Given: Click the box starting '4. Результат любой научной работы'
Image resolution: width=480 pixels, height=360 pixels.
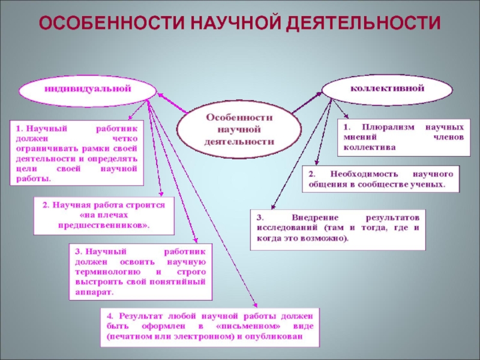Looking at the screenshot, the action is (210, 326).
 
